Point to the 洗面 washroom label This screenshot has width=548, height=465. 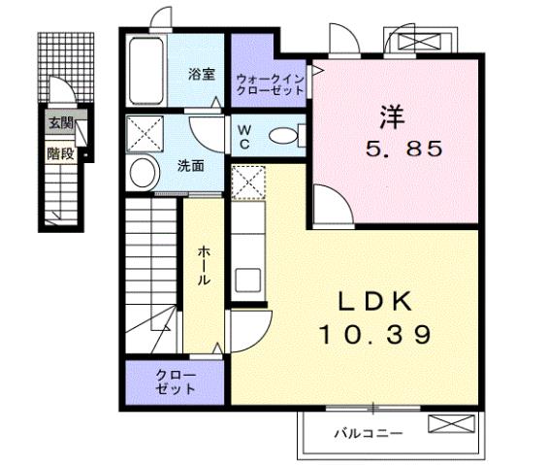190,166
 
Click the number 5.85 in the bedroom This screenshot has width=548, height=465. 403,149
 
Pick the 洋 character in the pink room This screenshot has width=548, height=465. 390,116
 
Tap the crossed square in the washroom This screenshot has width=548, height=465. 147,131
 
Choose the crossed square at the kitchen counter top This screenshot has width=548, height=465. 245,181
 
